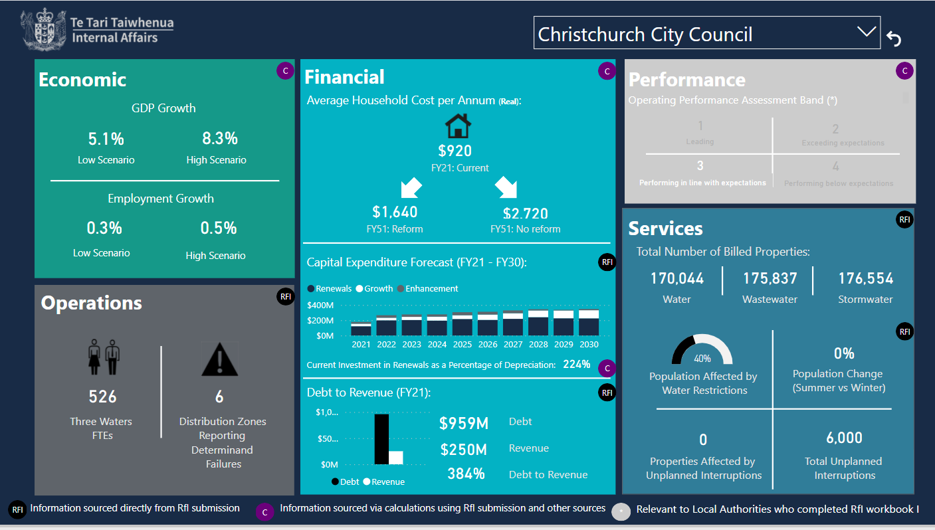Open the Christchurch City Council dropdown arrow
point(866,32)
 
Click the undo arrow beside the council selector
point(894,40)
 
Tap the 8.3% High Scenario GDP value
point(220,138)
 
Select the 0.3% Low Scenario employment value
point(104,228)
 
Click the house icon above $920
point(457,125)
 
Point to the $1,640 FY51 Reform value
point(395,212)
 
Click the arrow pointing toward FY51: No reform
point(506,187)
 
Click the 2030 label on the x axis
point(588,345)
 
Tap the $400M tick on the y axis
point(320,306)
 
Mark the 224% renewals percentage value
point(576,364)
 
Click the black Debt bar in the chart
point(381,439)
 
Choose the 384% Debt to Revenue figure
point(465,474)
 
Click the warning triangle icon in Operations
point(219,359)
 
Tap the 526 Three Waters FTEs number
point(102,397)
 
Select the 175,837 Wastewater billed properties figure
point(770,278)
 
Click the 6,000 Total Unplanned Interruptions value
point(844,438)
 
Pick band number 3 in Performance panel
point(700,165)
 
